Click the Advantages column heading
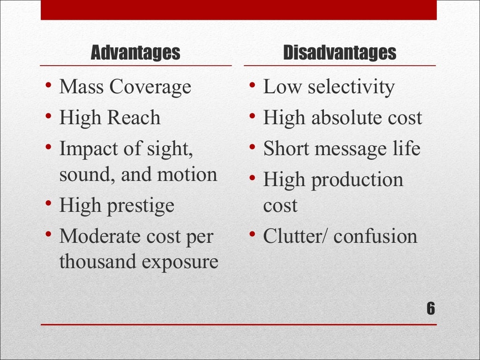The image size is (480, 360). (x=135, y=53)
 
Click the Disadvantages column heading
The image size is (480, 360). (x=340, y=53)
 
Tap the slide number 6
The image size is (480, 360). (x=431, y=309)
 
